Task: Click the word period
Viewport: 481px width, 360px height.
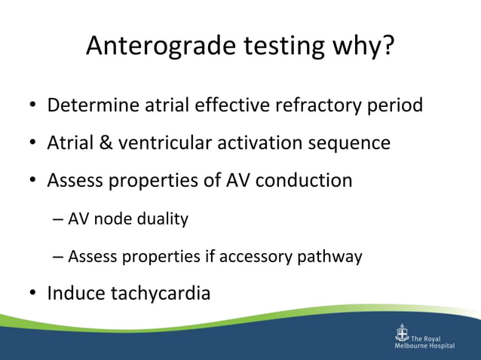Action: click(397, 105)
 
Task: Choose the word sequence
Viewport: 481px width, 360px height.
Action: click(351, 142)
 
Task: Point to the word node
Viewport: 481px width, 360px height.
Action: click(115, 219)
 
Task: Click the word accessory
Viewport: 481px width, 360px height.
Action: click(260, 257)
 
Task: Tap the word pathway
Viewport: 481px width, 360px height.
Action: click(332, 257)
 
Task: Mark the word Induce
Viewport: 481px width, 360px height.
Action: click(76, 293)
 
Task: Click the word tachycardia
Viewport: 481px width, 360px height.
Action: click(160, 293)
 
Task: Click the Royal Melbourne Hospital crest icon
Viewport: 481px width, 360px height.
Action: click(401, 334)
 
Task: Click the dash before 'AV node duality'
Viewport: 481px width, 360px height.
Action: click(59, 220)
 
